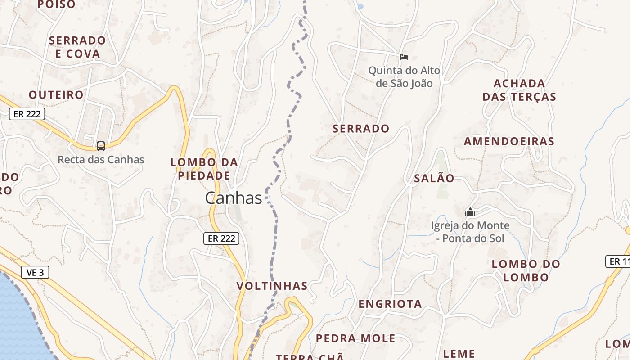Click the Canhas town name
[234, 198]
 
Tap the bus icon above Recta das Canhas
[101, 146]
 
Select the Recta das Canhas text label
[101, 160]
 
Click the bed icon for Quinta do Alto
[404, 57]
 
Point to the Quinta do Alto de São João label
[404, 77]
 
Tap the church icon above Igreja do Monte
[470, 212]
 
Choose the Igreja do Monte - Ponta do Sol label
[470, 232]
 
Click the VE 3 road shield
[35, 272]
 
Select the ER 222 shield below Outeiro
[27, 114]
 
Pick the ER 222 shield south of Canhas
[221, 238]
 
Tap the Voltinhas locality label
[272, 286]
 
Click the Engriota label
[390, 304]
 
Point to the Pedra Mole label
[355, 338]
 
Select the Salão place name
[434, 179]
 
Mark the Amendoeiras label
[509, 142]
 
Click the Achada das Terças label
[519, 90]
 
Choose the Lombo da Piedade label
[204, 169]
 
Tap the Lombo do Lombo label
[526, 270]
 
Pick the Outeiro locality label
[56, 95]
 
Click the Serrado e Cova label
[77, 47]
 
